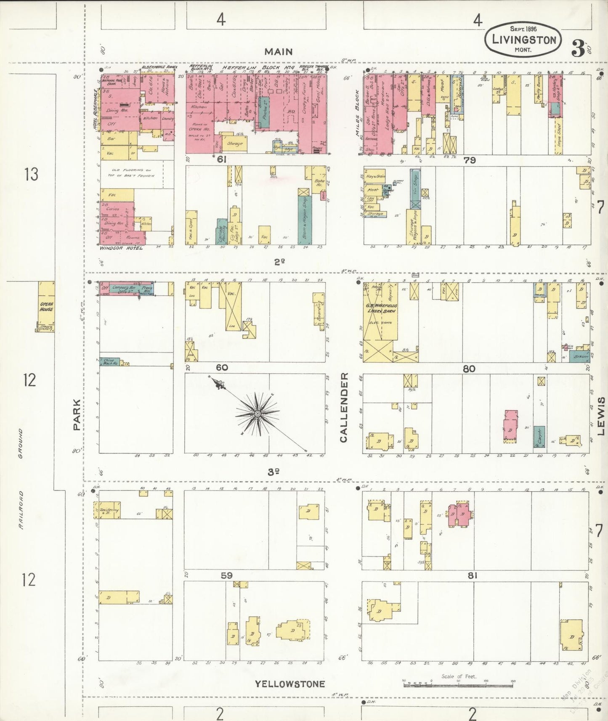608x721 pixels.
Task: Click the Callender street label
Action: (x=344, y=407)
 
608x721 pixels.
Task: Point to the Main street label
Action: (x=278, y=52)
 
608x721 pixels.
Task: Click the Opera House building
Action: (x=46, y=306)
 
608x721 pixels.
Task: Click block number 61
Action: (x=222, y=160)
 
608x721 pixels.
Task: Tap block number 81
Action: (x=472, y=575)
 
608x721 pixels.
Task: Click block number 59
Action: (x=227, y=575)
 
